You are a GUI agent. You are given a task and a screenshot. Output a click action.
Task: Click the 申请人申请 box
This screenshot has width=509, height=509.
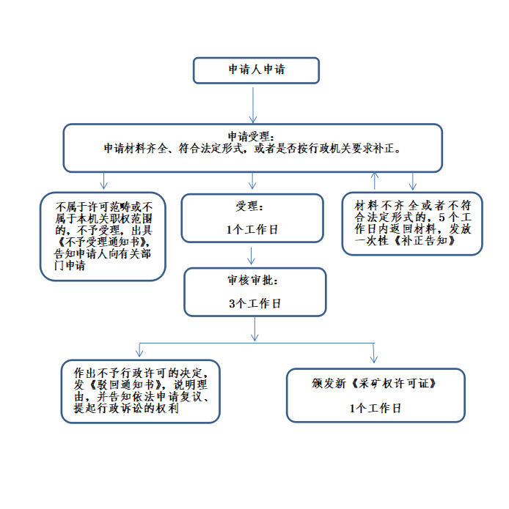click(256, 70)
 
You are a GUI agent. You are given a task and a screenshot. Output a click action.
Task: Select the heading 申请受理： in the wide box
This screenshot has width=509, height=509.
click(251, 136)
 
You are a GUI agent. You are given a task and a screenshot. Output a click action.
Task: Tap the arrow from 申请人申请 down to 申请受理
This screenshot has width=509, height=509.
click(253, 105)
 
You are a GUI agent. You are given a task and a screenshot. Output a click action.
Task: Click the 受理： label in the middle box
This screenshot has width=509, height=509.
click(249, 207)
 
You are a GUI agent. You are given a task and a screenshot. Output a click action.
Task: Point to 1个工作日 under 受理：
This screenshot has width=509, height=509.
click(252, 230)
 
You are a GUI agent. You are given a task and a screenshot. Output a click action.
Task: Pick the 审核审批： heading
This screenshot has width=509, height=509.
click(252, 280)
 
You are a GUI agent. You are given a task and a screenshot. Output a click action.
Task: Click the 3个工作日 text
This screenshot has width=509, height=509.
click(254, 303)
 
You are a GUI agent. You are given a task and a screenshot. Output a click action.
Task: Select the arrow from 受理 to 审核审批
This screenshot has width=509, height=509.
click(251, 256)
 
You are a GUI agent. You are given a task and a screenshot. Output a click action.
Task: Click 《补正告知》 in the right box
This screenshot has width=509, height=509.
click(425, 240)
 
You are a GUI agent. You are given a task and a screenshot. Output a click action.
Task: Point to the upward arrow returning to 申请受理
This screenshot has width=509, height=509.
click(375, 180)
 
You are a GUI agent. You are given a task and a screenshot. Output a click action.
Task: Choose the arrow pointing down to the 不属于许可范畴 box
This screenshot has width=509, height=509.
click(103, 181)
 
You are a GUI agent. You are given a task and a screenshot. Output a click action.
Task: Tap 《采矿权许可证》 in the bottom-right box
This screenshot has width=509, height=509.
click(394, 384)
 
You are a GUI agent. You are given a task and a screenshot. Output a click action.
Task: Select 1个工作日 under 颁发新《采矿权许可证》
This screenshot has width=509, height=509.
click(375, 408)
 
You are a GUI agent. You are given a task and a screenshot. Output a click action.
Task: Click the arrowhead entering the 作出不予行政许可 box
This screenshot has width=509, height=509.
click(139, 354)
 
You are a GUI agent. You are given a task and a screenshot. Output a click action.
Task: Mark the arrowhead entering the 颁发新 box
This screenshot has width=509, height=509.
click(374, 359)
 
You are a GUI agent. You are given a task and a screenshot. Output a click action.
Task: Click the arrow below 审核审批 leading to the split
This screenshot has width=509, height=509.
click(254, 329)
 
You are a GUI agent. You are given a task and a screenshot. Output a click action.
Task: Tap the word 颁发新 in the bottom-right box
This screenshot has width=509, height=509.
click(329, 384)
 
